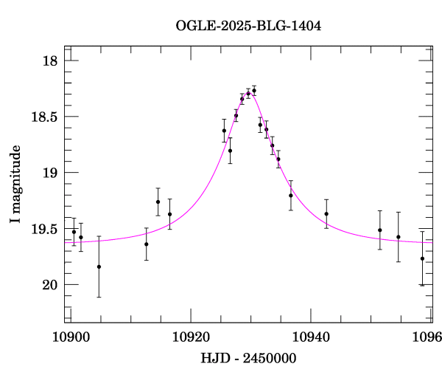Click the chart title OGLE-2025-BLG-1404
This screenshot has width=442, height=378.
coord(248,26)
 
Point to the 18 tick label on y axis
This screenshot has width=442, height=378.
coord(49,61)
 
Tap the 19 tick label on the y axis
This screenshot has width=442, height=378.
coord(49,173)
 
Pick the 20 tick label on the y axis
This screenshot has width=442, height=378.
coord(49,285)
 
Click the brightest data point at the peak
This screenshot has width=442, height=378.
coord(254,91)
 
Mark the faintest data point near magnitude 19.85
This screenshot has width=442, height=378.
coord(99,267)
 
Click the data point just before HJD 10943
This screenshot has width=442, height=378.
coord(326,214)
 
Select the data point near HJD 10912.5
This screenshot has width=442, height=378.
coord(147,244)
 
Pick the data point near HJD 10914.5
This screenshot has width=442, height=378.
coord(158,202)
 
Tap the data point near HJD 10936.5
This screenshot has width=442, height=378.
coord(291,196)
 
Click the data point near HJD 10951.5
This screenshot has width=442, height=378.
coord(380,230)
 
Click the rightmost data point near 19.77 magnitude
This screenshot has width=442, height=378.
coord(422,258)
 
